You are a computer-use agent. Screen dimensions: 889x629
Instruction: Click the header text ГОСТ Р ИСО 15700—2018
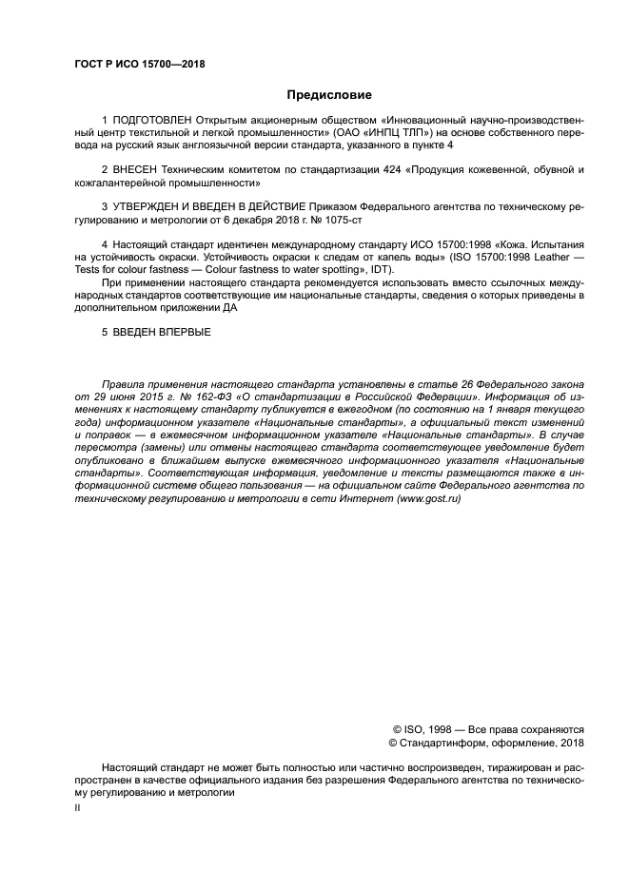140,65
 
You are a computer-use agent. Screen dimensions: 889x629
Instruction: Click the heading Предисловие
328,95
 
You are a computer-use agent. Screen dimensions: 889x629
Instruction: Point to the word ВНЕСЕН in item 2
135,169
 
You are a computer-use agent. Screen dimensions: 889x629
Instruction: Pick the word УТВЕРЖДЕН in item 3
147,205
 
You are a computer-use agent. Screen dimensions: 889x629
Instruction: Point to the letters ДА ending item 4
230,307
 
